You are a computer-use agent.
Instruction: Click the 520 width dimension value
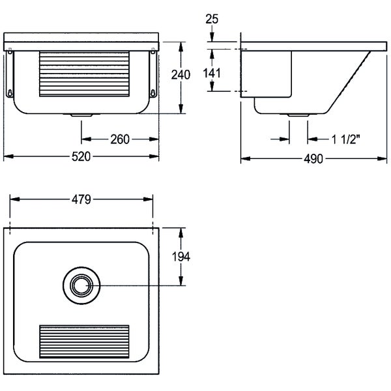coord(81,157)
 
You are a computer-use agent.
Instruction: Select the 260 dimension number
coord(120,139)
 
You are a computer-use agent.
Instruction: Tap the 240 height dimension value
coord(181,75)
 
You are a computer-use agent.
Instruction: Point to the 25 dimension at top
coord(212,19)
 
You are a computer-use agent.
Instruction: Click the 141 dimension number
coord(212,73)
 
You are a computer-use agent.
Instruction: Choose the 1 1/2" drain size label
coord(345,139)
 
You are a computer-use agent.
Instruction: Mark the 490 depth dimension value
coord(313,159)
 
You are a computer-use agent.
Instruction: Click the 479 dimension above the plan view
coord(81,199)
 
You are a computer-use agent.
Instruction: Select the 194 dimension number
coord(181,257)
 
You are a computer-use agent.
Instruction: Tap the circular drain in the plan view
coord(81,285)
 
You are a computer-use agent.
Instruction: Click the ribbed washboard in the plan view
coord(84,341)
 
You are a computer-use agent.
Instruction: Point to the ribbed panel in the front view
coord(84,74)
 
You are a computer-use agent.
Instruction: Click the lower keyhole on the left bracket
coord(10,93)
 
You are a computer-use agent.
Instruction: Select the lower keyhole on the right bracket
coord(153,93)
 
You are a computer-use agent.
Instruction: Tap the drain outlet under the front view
coord(81,115)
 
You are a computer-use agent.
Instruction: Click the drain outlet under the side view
coord(298,115)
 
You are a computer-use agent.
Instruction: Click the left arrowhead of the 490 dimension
coord(246,158)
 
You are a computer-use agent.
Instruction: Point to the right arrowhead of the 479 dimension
coord(148,199)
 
